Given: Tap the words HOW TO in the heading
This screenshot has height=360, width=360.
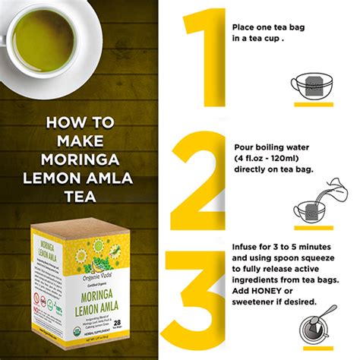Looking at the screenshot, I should point(81,122).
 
